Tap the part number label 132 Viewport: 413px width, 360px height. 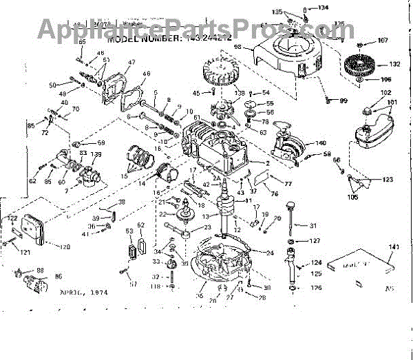click(395, 64)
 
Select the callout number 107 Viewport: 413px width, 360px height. click(383, 40)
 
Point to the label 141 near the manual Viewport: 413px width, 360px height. click(394, 246)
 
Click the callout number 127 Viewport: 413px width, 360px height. click(315, 242)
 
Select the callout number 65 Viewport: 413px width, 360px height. click(82, 43)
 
